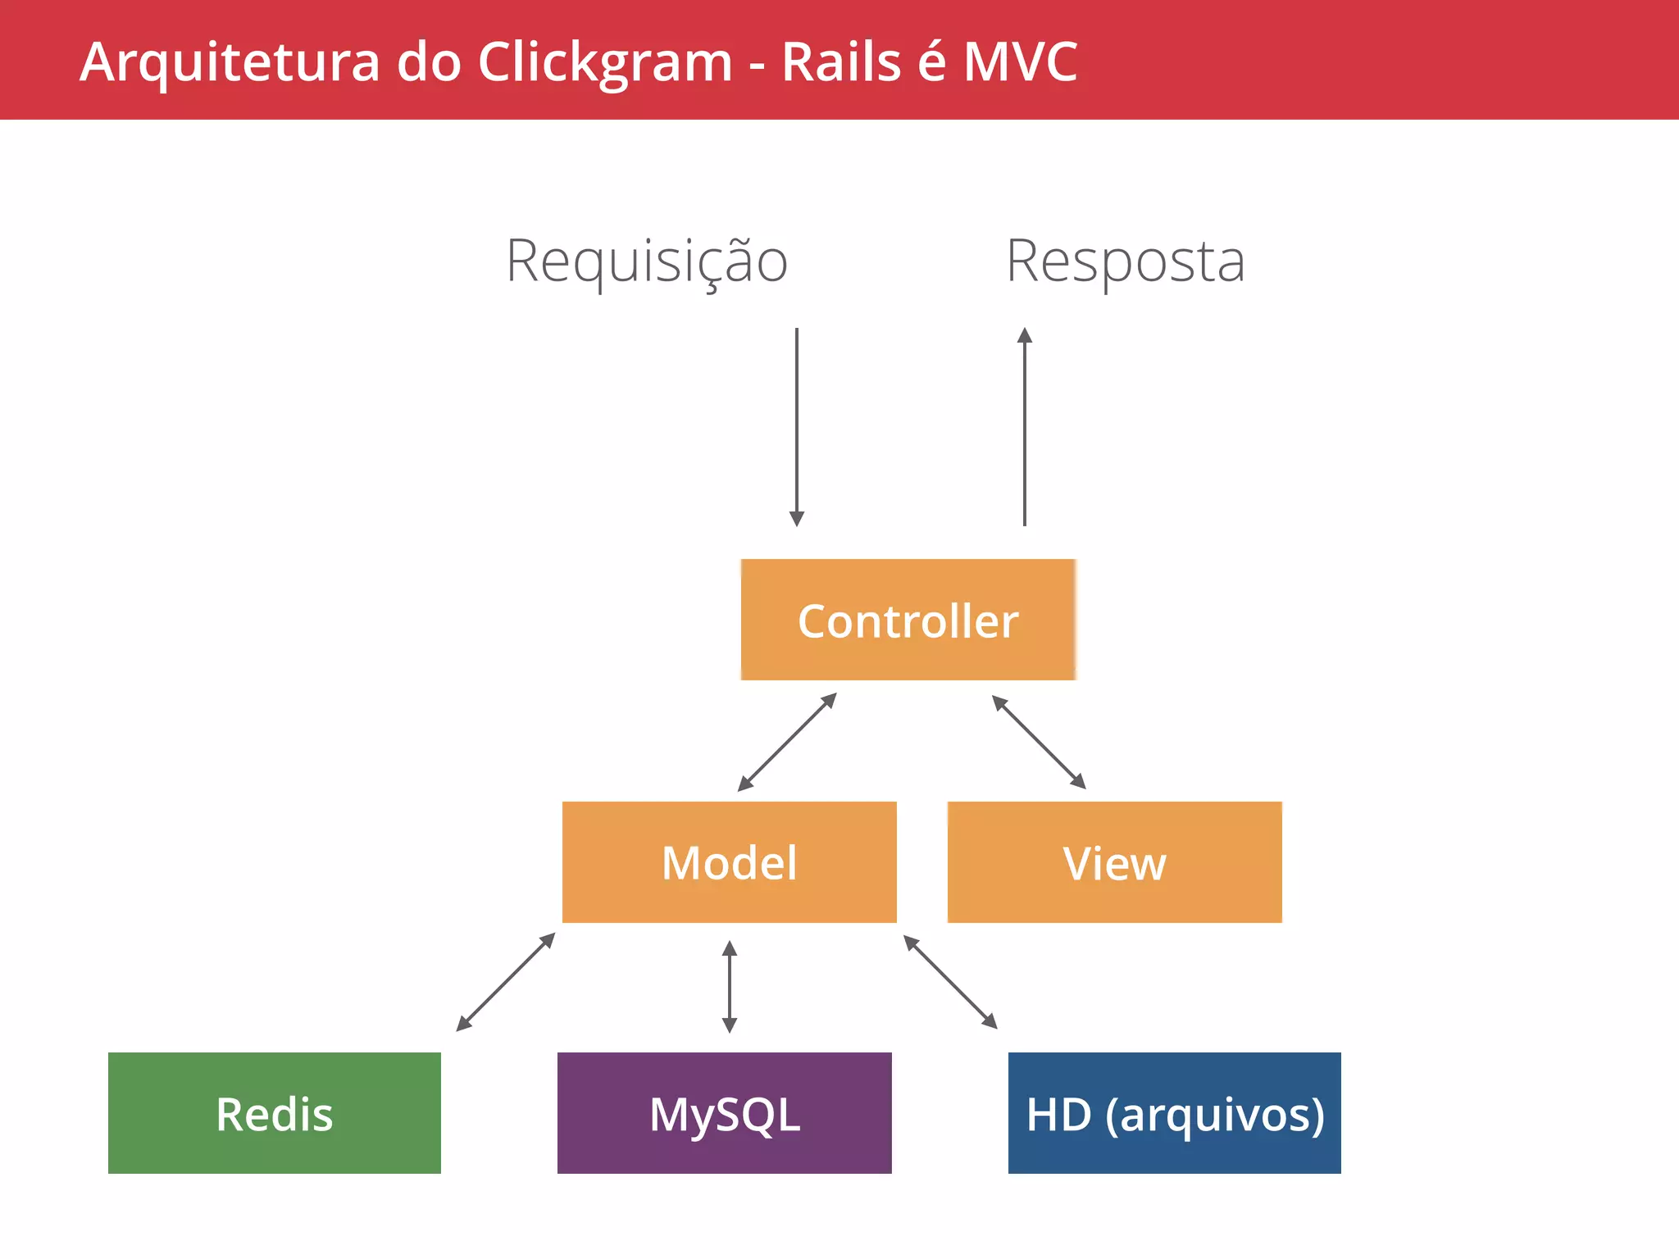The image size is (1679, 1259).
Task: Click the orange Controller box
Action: tap(908, 620)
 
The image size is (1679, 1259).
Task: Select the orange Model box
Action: tap(729, 862)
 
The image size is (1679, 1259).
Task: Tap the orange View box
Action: tap(1114, 862)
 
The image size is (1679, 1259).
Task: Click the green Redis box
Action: tap(274, 1113)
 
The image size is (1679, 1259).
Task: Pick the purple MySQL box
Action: tap(724, 1113)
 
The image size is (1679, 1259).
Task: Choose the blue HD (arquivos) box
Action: tap(1174, 1113)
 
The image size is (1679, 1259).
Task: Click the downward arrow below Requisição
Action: tap(796, 426)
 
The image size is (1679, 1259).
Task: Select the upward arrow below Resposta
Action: tap(1024, 426)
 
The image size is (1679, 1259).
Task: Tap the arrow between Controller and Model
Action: tap(787, 742)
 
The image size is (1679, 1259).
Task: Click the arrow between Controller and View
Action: tap(1039, 742)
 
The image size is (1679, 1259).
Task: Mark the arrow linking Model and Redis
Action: tap(506, 982)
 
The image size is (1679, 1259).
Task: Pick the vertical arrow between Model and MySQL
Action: tap(729, 987)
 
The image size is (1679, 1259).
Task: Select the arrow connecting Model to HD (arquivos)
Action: tap(950, 982)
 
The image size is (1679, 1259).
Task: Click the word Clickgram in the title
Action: tap(604, 63)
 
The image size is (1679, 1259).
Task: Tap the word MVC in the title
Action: tap(1020, 61)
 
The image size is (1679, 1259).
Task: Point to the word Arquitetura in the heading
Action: tap(230, 63)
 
